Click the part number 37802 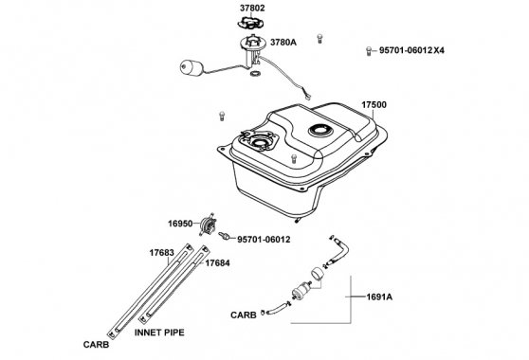252,9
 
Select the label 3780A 283,42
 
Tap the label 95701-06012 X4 411,50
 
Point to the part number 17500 374,105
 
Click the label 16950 180,224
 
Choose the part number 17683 162,252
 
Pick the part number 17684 218,263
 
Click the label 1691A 379,297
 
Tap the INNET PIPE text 159,333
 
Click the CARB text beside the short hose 244,315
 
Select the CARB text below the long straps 96,345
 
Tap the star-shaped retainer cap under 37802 250,22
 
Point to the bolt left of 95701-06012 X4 369,51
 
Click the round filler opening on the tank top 320,130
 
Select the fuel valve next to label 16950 208,224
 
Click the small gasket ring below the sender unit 255,73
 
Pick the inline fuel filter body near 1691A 302,290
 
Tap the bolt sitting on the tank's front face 294,158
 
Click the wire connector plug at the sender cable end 308,98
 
